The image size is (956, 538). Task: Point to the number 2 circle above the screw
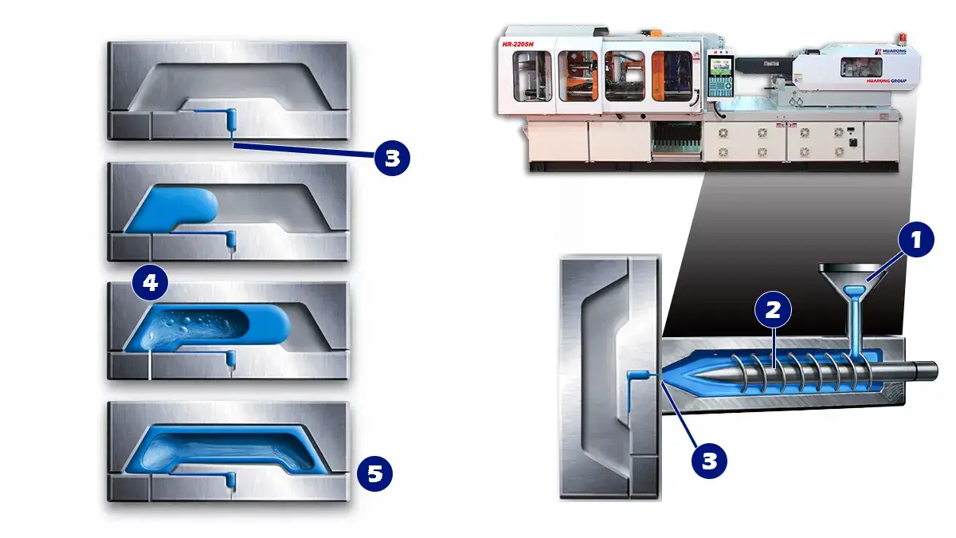click(x=772, y=311)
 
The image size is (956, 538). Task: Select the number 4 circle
click(x=151, y=283)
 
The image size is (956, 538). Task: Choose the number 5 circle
click(x=374, y=474)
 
